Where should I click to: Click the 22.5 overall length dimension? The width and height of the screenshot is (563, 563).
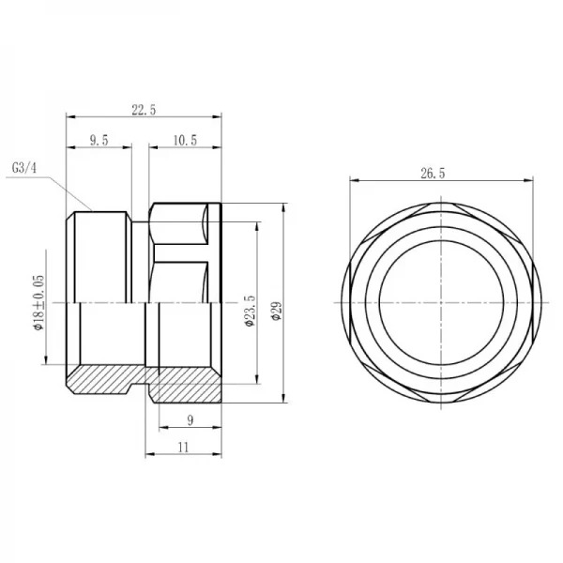pos(143,110)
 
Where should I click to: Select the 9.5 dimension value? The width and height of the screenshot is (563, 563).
pos(99,140)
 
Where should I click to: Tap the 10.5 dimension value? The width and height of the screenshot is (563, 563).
pos(185,140)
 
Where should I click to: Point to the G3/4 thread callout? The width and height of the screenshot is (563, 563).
pos(24,169)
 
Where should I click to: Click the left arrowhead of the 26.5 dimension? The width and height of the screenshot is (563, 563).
pos(353,181)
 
